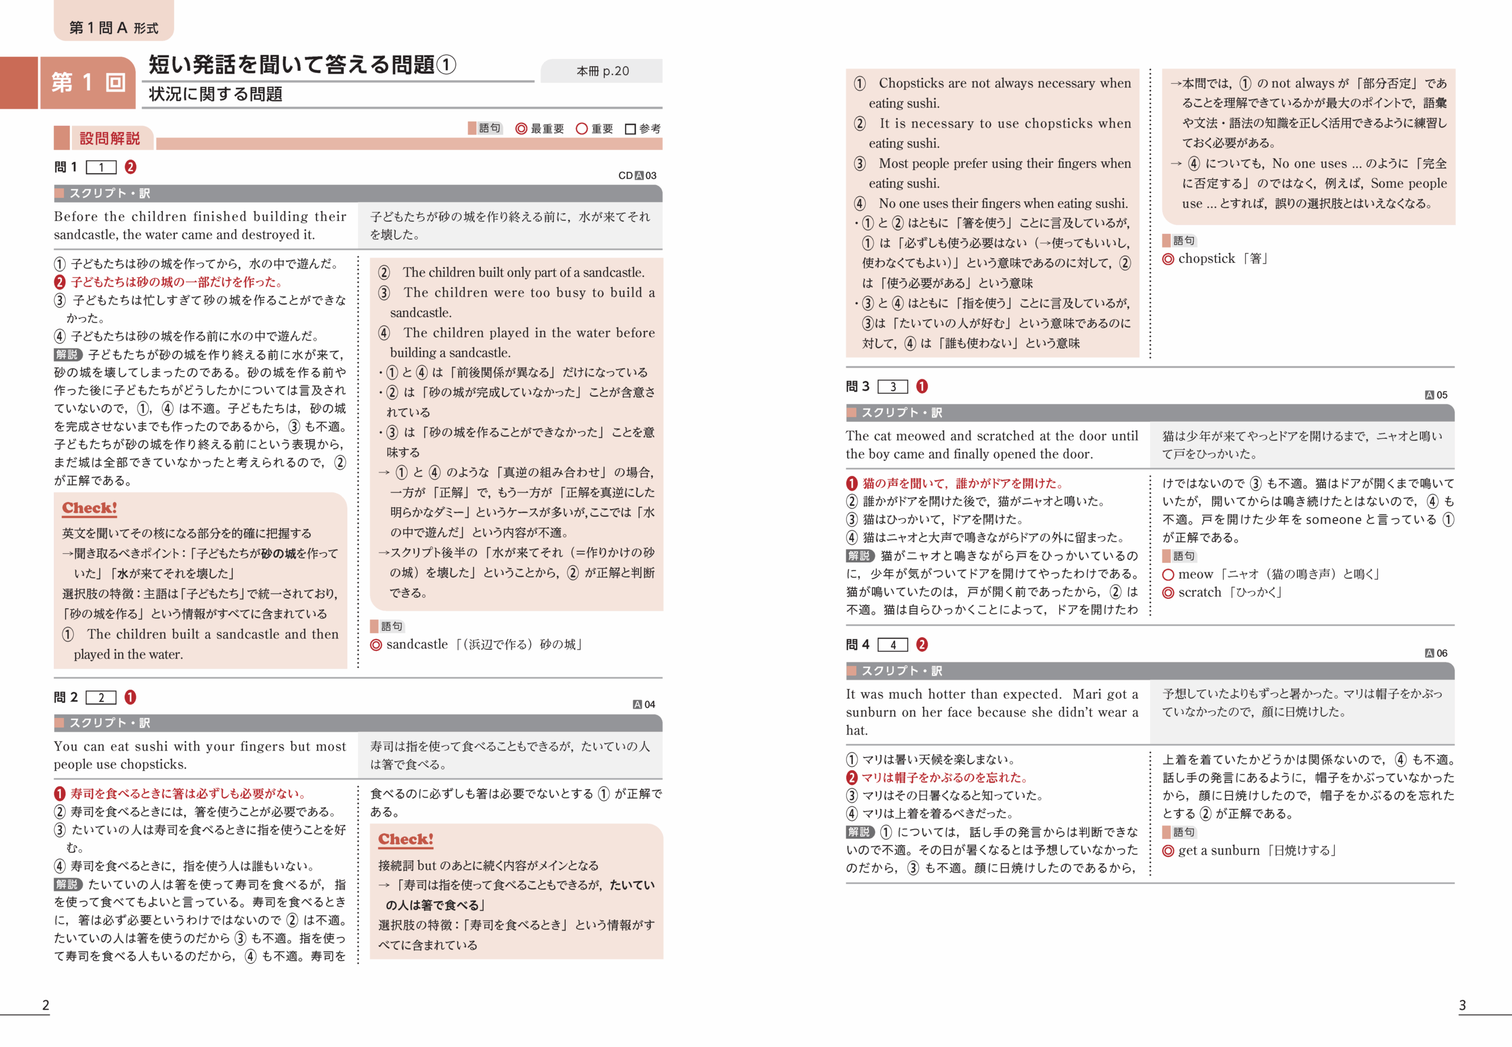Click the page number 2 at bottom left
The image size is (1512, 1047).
point(45,1004)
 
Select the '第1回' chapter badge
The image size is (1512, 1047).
point(88,83)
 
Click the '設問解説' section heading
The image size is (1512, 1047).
point(109,138)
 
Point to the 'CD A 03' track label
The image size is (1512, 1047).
point(637,175)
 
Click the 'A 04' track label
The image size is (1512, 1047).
point(644,704)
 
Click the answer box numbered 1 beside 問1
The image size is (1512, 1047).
point(101,167)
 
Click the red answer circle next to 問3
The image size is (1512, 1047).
point(921,386)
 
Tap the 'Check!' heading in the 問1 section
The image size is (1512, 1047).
point(89,508)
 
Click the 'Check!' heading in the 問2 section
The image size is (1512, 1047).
point(405,839)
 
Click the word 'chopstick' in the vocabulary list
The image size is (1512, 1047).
point(1206,259)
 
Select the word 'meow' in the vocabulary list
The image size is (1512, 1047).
point(1195,574)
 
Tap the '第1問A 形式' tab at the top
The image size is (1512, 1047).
point(113,27)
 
